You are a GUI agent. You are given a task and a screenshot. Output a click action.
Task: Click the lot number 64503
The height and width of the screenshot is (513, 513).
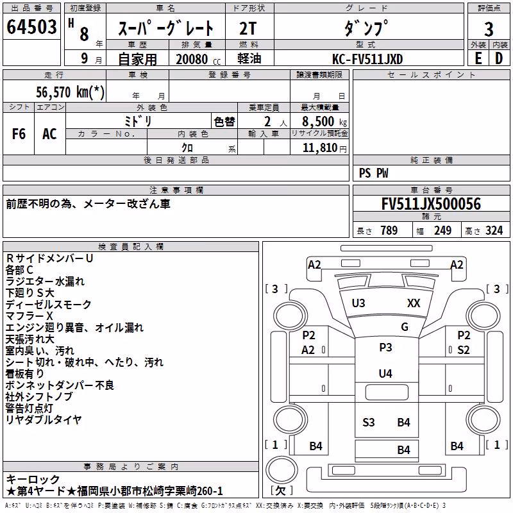tap(31, 27)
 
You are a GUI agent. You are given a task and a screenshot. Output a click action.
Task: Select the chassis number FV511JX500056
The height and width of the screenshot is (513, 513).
tap(431, 204)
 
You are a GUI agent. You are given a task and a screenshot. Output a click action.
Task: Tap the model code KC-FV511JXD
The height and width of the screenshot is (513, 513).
tap(367, 59)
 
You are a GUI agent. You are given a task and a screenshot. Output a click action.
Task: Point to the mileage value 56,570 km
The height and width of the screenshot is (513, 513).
tap(70, 92)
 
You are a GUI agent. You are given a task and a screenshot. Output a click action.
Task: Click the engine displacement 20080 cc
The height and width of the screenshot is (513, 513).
tap(198, 59)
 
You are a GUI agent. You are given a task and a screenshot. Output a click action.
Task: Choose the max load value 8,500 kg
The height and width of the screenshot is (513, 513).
tap(324, 122)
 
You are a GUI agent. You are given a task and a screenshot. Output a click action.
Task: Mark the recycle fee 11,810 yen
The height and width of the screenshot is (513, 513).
tap(324, 148)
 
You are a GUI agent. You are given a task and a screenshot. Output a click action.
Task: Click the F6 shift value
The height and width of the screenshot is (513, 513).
tap(19, 134)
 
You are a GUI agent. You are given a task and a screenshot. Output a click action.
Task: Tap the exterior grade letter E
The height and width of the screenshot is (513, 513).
tap(478, 58)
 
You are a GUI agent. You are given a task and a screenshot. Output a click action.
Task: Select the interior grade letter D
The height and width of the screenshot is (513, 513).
tap(499, 58)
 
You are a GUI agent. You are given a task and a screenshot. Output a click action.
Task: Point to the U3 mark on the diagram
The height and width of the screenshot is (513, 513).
tap(358, 303)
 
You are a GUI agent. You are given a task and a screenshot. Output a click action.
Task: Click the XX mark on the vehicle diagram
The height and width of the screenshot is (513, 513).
tap(414, 303)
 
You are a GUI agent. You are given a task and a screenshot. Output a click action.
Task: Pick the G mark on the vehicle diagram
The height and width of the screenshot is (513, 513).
tap(405, 327)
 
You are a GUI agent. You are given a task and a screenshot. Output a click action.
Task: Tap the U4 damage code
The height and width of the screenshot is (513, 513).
tap(385, 374)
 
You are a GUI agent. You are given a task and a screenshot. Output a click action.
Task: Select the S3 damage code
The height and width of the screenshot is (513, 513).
tap(368, 423)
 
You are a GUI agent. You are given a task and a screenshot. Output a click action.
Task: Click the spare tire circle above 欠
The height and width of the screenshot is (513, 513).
tap(282, 469)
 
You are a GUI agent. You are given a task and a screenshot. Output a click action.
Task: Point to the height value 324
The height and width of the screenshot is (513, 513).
tap(494, 231)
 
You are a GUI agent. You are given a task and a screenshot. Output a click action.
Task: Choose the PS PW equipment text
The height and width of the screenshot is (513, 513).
tap(373, 173)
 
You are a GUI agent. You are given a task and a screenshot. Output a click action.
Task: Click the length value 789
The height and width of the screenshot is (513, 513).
tap(389, 231)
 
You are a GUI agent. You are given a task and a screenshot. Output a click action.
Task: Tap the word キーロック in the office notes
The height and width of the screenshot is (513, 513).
tap(33, 480)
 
